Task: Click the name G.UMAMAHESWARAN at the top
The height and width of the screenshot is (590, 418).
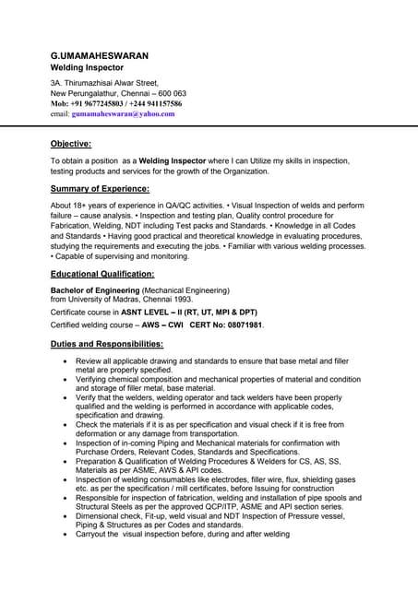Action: [x=99, y=55]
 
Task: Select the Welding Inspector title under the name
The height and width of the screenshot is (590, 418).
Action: [x=91, y=68]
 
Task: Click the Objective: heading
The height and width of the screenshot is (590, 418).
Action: [x=71, y=144]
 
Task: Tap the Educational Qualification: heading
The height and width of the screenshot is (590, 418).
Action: [x=102, y=274]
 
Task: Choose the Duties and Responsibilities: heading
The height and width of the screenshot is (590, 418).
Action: [x=106, y=344]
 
